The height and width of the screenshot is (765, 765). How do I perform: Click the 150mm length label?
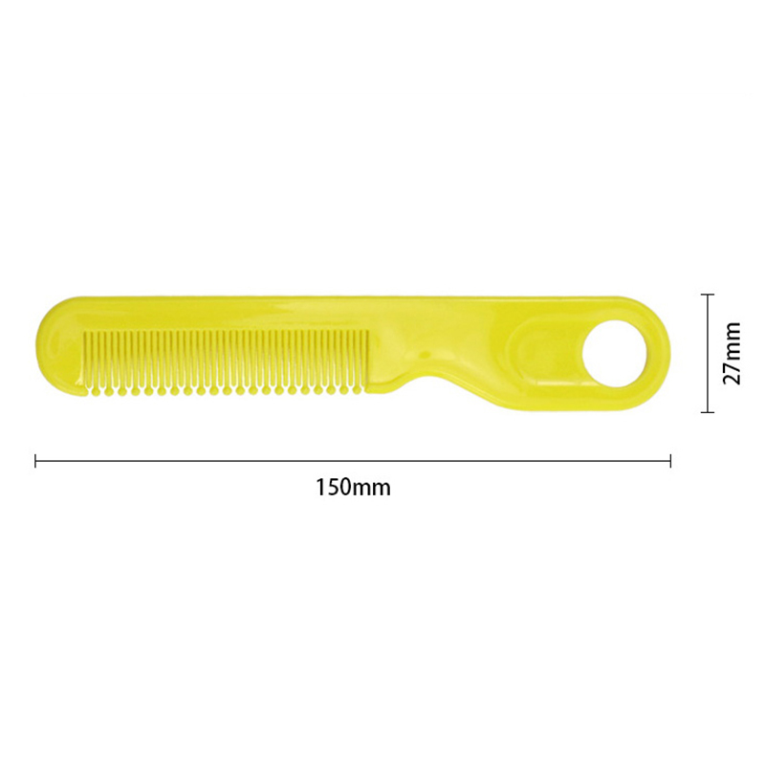pyautogui.click(x=354, y=488)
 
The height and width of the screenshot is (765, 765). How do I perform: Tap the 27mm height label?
pyautogui.click(x=732, y=354)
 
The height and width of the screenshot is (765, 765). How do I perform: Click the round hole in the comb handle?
pyautogui.click(x=616, y=353)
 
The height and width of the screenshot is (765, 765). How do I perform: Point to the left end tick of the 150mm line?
pyautogui.click(x=35, y=461)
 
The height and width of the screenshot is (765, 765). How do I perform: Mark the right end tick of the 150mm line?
pyautogui.click(x=671, y=461)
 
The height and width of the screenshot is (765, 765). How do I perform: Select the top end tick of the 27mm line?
pyautogui.click(x=708, y=295)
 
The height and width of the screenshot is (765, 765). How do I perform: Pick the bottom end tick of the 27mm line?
pyautogui.click(x=708, y=412)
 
